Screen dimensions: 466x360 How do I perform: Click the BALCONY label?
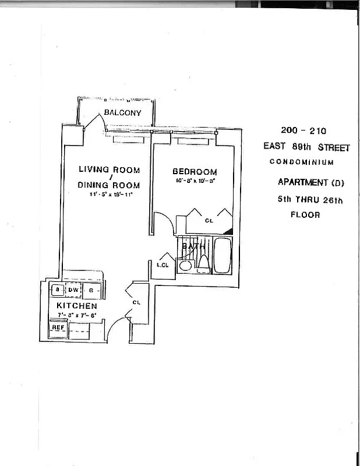(x=122, y=112)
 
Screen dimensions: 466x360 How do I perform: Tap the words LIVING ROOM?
(x=110, y=170)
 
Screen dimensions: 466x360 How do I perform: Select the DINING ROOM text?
(x=110, y=185)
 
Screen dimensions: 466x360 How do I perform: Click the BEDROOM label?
(x=195, y=172)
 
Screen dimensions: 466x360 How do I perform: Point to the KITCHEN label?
(x=76, y=306)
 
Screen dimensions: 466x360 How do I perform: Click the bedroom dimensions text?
(x=195, y=181)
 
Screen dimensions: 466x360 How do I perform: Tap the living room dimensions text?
(x=111, y=194)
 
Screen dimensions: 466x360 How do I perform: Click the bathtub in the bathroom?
(x=223, y=255)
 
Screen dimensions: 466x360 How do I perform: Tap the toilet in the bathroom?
(x=204, y=264)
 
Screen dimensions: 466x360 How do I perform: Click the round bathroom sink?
(x=186, y=266)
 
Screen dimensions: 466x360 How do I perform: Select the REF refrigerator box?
(x=58, y=327)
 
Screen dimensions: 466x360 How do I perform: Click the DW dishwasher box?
(x=73, y=290)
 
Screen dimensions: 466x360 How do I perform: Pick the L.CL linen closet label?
(x=163, y=265)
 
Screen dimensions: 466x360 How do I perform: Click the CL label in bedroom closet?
(x=209, y=221)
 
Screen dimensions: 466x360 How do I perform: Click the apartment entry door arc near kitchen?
(x=117, y=326)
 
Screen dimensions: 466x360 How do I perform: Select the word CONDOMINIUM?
(x=302, y=162)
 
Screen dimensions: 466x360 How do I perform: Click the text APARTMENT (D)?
(x=311, y=183)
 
